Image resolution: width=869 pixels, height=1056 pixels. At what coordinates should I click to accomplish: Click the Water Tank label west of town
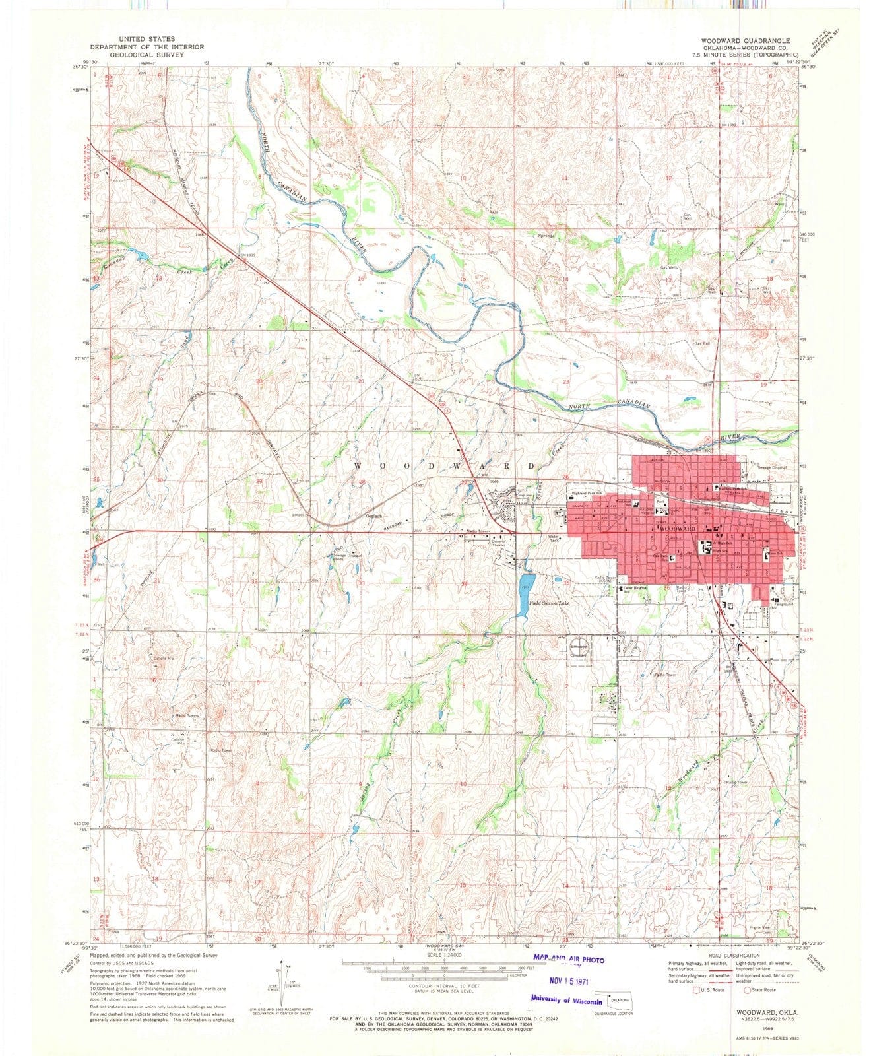pos(555,539)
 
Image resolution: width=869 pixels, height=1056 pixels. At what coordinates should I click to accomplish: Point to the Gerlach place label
pos(374,516)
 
